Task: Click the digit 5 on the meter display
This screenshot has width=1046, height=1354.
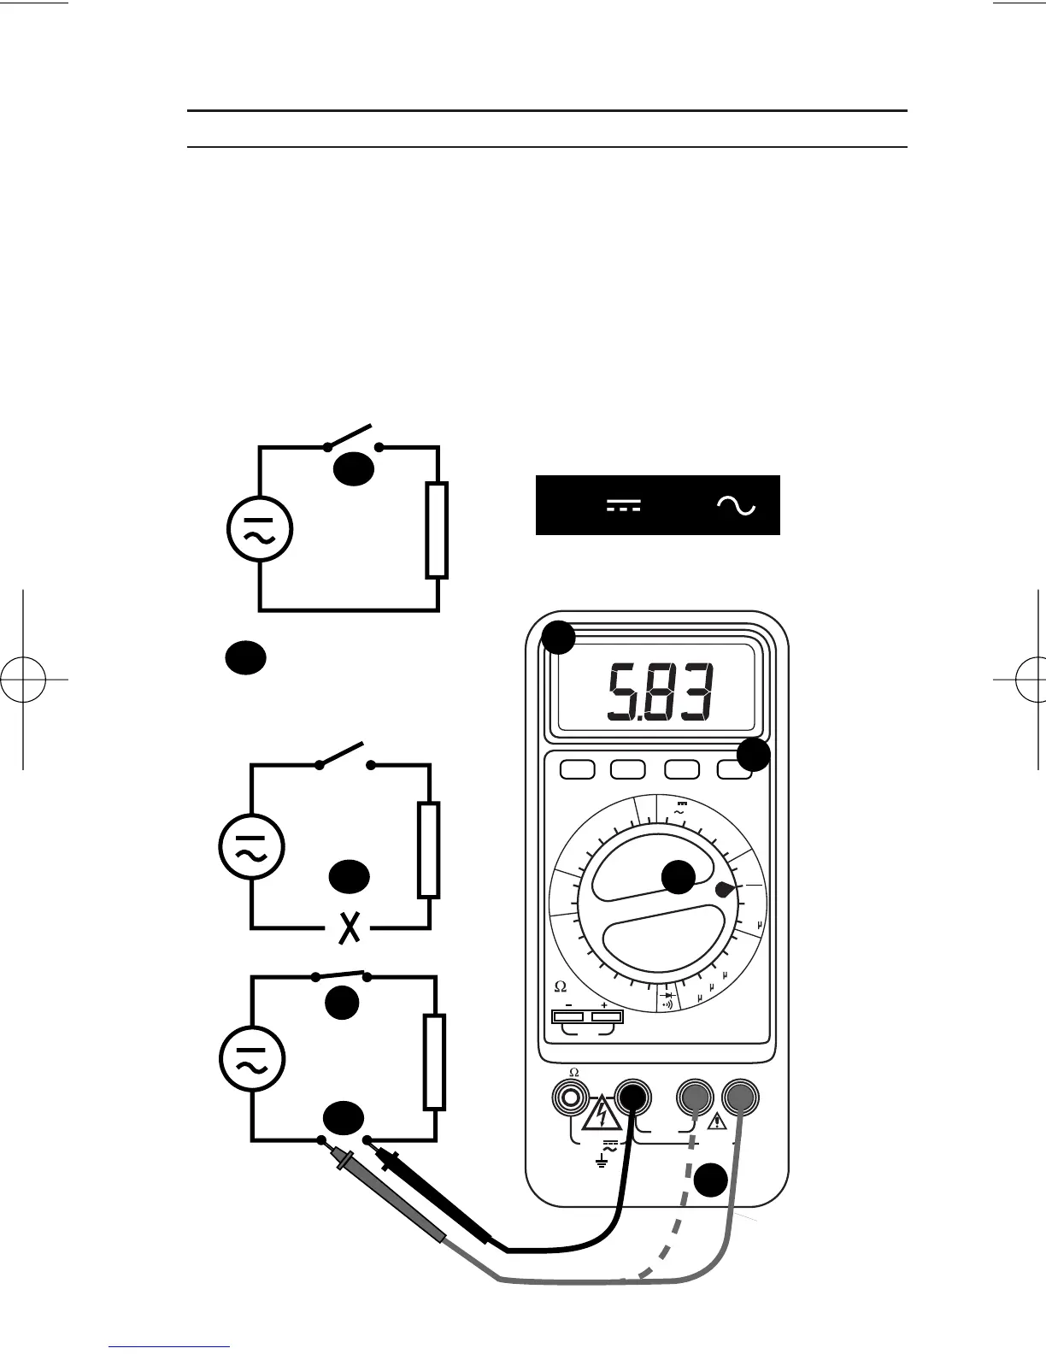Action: pos(621,693)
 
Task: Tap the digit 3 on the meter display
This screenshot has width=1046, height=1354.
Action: pos(696,693)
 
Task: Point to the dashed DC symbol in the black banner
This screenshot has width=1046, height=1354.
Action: pos(624,506)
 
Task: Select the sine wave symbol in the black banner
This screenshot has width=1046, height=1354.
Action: pos(736,506)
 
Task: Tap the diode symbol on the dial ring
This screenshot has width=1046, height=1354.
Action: pos(668,995)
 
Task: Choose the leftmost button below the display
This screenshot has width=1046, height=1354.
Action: pos(577,769)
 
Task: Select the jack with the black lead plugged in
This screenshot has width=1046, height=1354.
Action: pos(632,1095)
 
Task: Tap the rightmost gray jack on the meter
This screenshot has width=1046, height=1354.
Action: pos(740,1096)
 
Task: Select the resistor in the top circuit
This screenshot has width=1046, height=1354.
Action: pos(437,530)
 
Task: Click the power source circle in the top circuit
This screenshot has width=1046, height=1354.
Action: pos(258,529)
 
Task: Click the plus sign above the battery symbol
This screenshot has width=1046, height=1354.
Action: pos(605,1005)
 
